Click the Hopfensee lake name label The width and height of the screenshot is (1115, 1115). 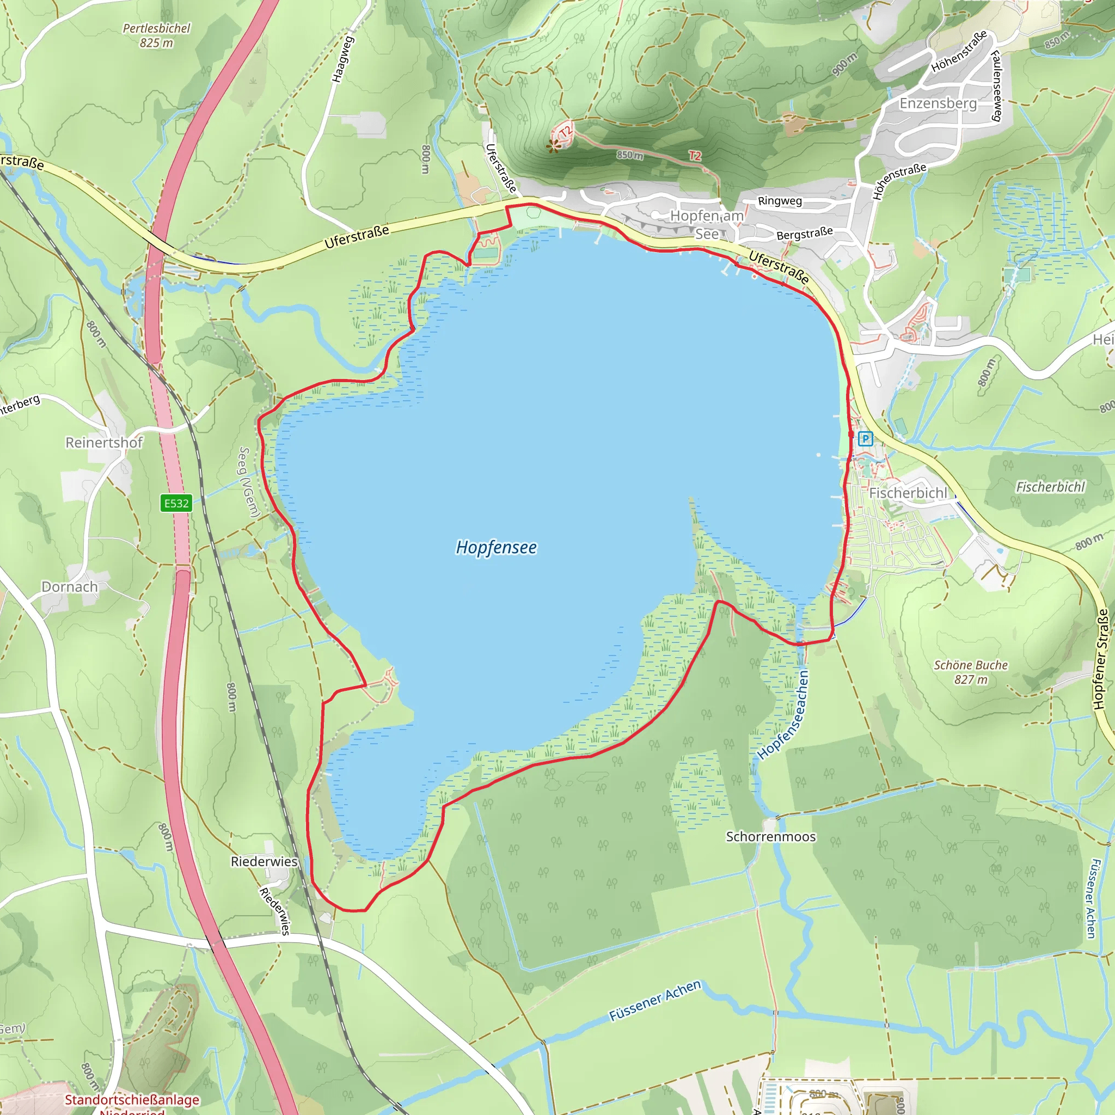[497, 547]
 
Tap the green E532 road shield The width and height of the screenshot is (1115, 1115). [176, 503]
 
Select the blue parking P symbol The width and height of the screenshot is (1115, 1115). [865, 439]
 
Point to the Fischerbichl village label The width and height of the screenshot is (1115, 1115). [908, 493]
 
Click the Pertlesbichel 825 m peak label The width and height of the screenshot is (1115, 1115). [156, 35]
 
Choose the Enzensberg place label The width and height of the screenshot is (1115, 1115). [938, 103]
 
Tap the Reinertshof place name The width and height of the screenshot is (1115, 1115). [104, 443]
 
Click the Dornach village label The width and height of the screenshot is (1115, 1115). [69, 586]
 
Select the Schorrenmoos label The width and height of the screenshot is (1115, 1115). [770, 836]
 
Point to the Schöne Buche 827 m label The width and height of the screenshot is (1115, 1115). [971, 672]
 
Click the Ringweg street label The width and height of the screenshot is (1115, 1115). [780, 201]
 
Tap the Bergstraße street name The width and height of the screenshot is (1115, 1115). [804, 233]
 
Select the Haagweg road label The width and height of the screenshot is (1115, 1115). [342, 59]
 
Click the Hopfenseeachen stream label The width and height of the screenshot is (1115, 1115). [784, 714]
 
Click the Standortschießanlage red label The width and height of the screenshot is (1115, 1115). [132, 1099]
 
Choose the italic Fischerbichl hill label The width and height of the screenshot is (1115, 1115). [1050, 487]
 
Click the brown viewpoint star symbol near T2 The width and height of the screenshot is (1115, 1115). [554, 146]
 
